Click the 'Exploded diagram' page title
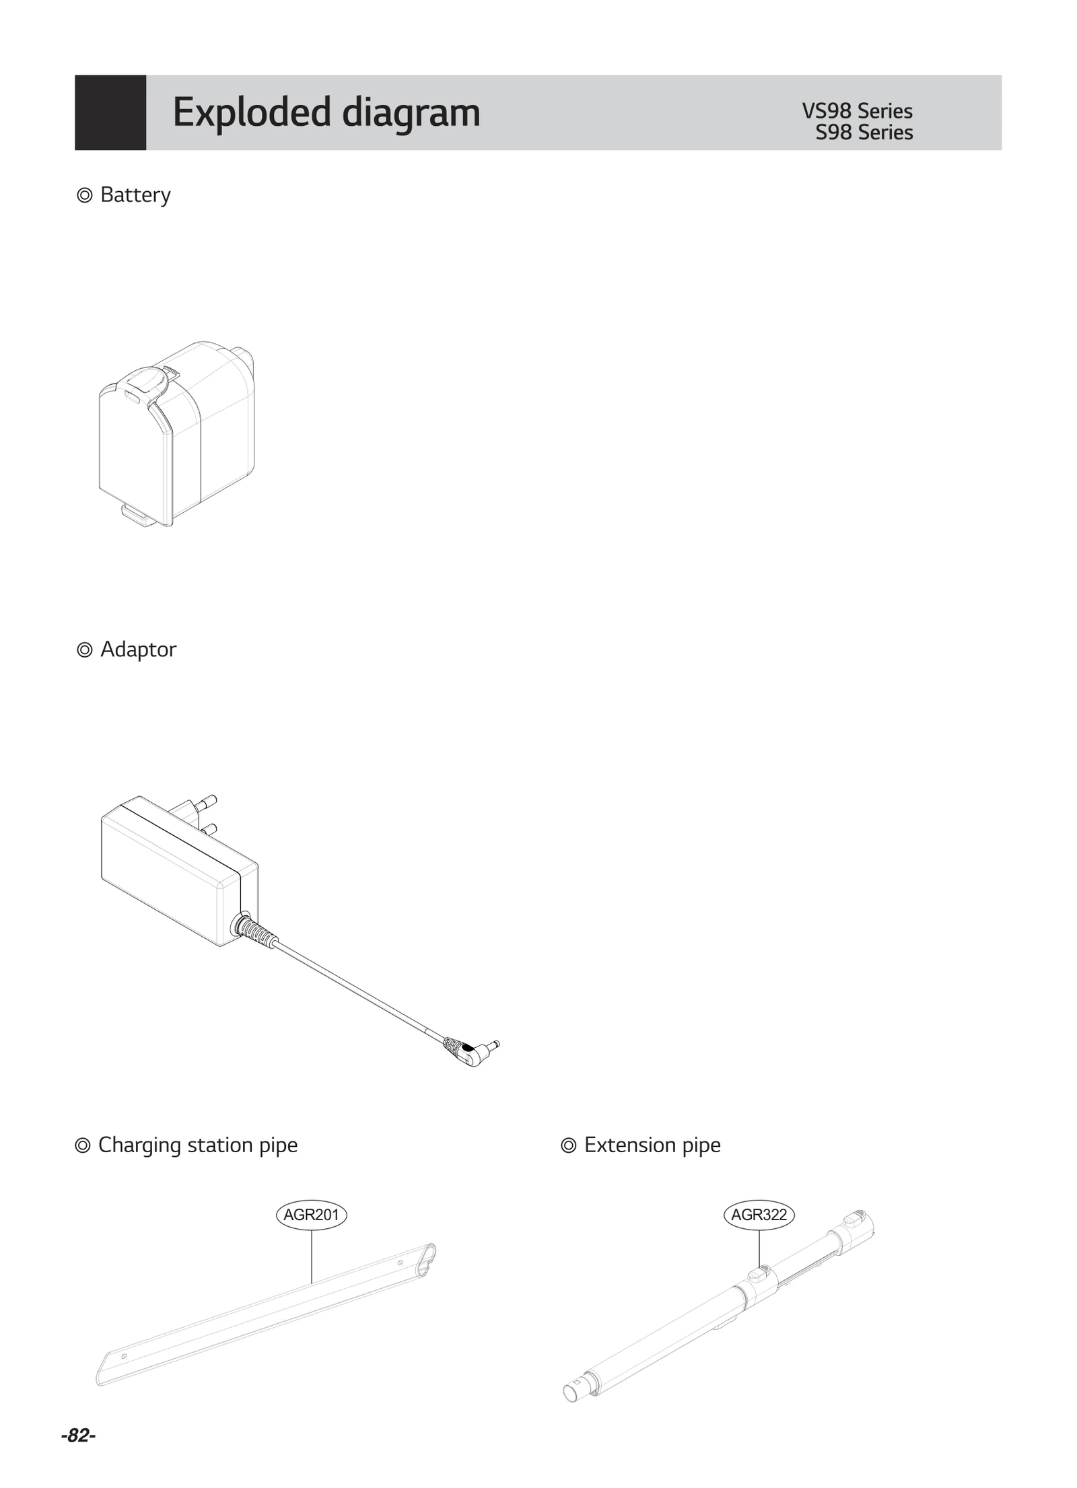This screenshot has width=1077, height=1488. pos(326,112)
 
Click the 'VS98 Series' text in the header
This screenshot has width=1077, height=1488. pos(856,110)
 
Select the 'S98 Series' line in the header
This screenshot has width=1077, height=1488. pos(864,133)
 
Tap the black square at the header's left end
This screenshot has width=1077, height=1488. pos(110,112)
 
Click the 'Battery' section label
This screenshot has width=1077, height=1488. pos(135,195)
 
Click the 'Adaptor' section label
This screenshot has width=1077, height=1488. pos(137,649)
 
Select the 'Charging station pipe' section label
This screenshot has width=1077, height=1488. pos(197,1145)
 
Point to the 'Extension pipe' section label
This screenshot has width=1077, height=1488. pos(652,1145)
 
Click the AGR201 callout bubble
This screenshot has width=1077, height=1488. pos(311,1215)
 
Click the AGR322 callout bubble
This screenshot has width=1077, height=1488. pos(759,1215)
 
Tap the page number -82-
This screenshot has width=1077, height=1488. pos(78,1436)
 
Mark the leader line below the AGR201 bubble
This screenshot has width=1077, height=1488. pos(312,1255)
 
